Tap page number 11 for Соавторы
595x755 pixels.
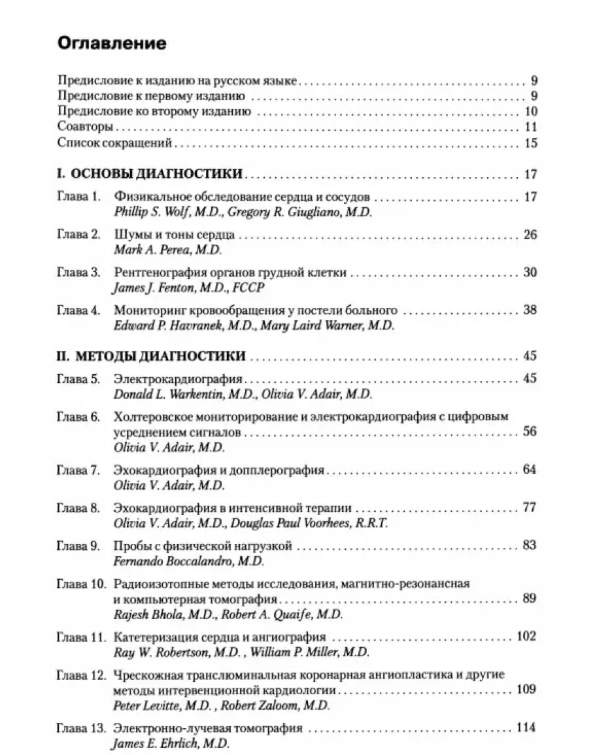[x=530, y=127]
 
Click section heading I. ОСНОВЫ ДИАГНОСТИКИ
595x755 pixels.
[x=150, y=174]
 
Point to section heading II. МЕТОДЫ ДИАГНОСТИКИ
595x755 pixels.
[x=152, y=356]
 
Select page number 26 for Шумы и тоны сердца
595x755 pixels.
[x=530, y=235]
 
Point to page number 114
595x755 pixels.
[x=526, y=728]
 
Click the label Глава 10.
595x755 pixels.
[x=82, y=584]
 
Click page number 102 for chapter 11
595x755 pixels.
[x=526, y=637]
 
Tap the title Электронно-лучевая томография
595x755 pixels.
[x=208, y=728]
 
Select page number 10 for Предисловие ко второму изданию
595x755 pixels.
[x=530, y=111]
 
